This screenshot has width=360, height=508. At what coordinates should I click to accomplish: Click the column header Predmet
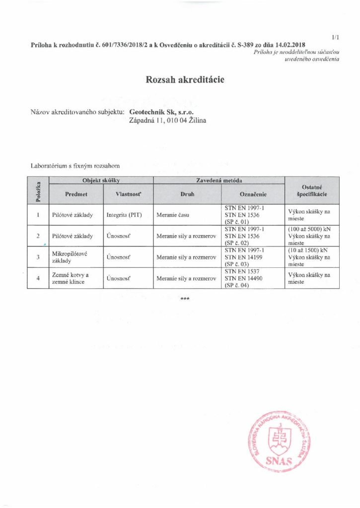point(76,194)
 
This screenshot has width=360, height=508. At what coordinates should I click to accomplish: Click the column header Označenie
point(253,194)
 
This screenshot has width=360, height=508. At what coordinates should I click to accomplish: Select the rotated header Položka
point(38,190)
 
